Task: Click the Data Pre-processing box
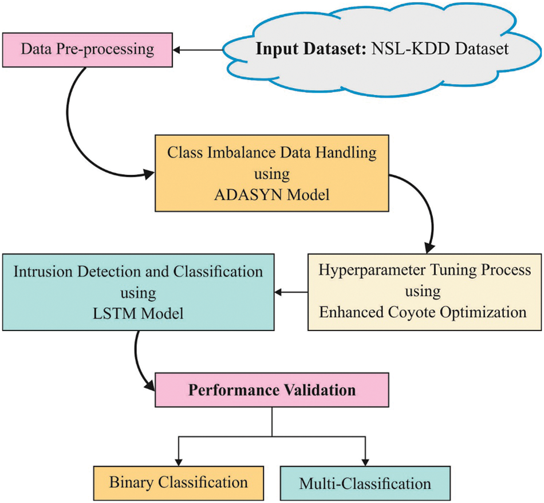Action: (x=87, y=49)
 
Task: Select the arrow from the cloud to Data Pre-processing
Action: (x=198, y=50)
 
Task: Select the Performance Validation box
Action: (x=273, y=391)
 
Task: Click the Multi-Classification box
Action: (x=365, y=484)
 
